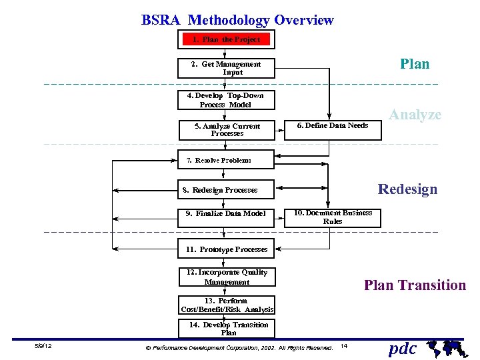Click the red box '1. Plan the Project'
(226, 40)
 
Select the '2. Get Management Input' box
(226, 68)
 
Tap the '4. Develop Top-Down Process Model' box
(226, 100)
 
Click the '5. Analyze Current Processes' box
(227, 129)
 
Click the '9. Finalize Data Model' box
(226, 214)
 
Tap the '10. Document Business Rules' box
(333, 217)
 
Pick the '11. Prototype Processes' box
(226, 249)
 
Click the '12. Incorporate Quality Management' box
(227, 277)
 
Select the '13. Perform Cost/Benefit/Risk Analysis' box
(227, 305)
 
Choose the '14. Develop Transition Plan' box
(227, 328)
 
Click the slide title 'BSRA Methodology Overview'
(237, 20)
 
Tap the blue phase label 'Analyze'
(415, 115)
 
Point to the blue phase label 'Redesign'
(407, 189)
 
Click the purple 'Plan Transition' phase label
(415, 285)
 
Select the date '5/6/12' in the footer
(44, 347)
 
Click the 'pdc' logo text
(403, 348)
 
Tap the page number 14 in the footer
(343, 346)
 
